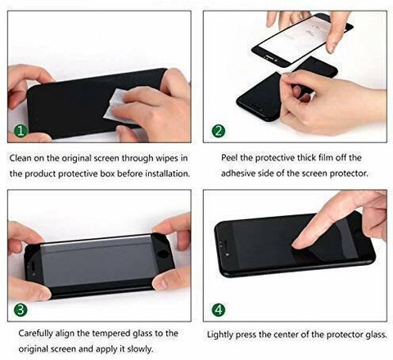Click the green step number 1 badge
click(x=20, y=130)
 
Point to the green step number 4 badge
click(x=219, y=308)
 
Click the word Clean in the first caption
click(x=22, y=157)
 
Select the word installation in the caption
click(x=164, y=173)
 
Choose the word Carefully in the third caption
click(x=32, y=335)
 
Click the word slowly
click(x=144, y=350)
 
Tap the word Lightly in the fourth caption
click(x=225, y=335)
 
